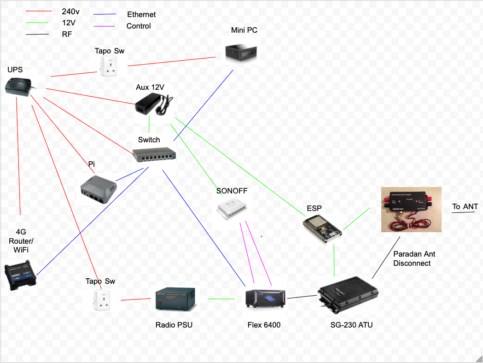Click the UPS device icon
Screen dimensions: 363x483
click(18, 86)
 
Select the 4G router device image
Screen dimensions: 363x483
click(20, 274)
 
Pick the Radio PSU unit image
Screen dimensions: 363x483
click(175, 299)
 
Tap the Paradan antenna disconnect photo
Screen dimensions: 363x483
click(411, 209)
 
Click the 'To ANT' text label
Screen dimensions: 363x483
click(465, 206)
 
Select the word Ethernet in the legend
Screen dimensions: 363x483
click(141, 15)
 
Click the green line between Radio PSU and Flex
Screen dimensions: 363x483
click(221, 299)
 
